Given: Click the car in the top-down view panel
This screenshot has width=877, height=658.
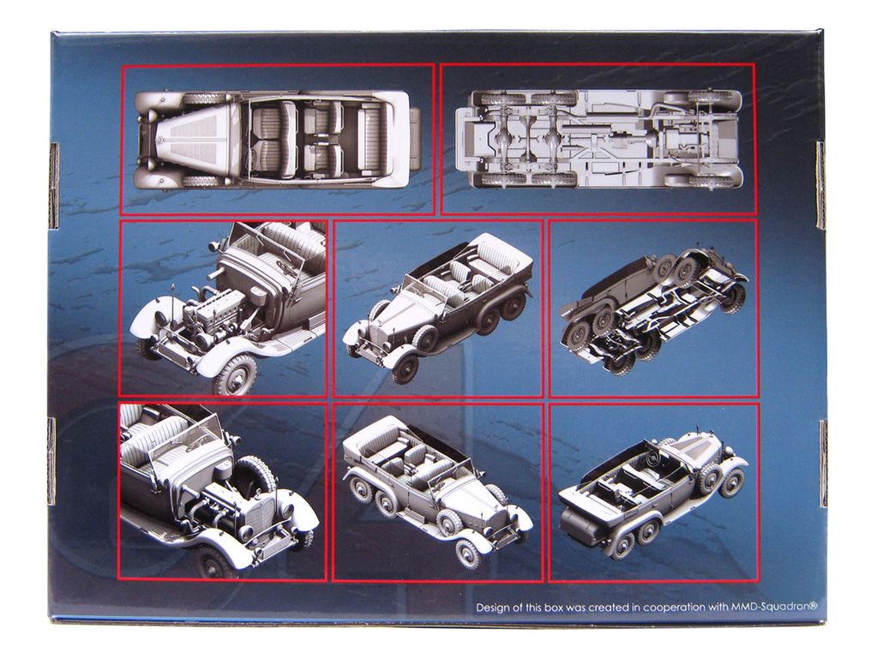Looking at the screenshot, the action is click(278, 140).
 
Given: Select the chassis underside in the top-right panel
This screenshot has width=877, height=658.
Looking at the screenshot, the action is click(599, 139).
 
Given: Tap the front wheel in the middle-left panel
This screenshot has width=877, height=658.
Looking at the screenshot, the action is click(234, 374).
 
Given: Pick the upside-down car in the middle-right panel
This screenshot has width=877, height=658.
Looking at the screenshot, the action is click(654, 309).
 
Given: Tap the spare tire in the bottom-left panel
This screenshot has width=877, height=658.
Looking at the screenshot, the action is click(255, 476).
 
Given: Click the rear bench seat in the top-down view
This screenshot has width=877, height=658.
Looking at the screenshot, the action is click(371, 140).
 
